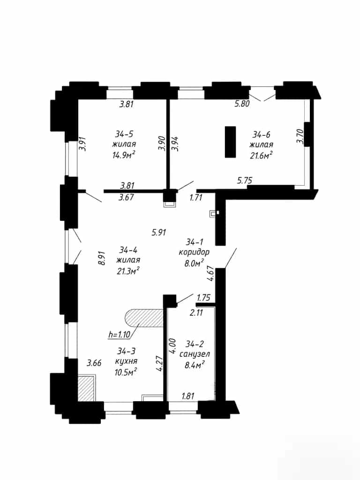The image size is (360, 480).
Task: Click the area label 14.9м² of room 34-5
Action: click(x=124, y=155)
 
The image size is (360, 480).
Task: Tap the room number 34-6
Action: click(x=262, y=135)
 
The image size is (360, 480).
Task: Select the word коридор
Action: click(x=194, y=252)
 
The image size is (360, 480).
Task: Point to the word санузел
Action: click(x=195, y=354)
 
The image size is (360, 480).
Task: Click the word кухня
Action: click(x=126, y=361)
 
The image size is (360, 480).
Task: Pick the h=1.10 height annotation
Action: click(x=119, y=334)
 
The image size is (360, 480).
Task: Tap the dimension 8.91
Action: click(x=102, y=258)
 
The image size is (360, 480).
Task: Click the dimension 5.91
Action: click(x=159, y=232)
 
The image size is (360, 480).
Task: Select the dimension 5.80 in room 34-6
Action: click(x=242, y=104)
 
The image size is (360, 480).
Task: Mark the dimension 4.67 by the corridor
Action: click(x=210, y=273)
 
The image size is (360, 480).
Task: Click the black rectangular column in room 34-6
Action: click(x=230, y=142)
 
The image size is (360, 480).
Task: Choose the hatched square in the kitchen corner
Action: click(x=86, y=389)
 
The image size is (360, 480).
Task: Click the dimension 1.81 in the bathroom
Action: click(x=188, y=396)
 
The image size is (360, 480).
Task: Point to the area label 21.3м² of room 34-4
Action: click(x=128, y=270)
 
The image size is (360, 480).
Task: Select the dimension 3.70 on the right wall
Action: click(x=300, y=136)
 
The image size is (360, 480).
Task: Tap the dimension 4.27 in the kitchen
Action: click(x=159, y=363)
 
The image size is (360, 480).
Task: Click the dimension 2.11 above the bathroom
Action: click(x=196, y=313)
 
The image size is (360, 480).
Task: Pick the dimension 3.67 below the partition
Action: click(x=126, y=197)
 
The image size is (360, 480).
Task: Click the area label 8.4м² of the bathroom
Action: click(x=195, y=365)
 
